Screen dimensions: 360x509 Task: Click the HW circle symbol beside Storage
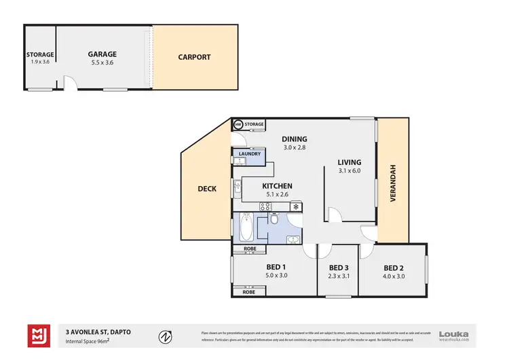click(238, 124)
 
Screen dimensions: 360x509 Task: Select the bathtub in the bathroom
click(246, 227)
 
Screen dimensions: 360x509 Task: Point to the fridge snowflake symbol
click(296, 206)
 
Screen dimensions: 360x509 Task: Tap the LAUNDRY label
click(249, 154)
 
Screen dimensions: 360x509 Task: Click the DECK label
click(207, 189)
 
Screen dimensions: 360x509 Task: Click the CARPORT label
click(194, 57)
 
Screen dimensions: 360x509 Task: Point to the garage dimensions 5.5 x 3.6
click(102, 62)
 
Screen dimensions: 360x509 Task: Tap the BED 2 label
click(394, 267)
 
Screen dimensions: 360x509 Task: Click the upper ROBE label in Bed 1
click(248, 249)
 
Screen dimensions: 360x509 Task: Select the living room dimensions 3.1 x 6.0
click(350, 170)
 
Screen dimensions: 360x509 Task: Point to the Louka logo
click(453, 334)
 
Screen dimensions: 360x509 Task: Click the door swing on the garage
click(70, 84)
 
